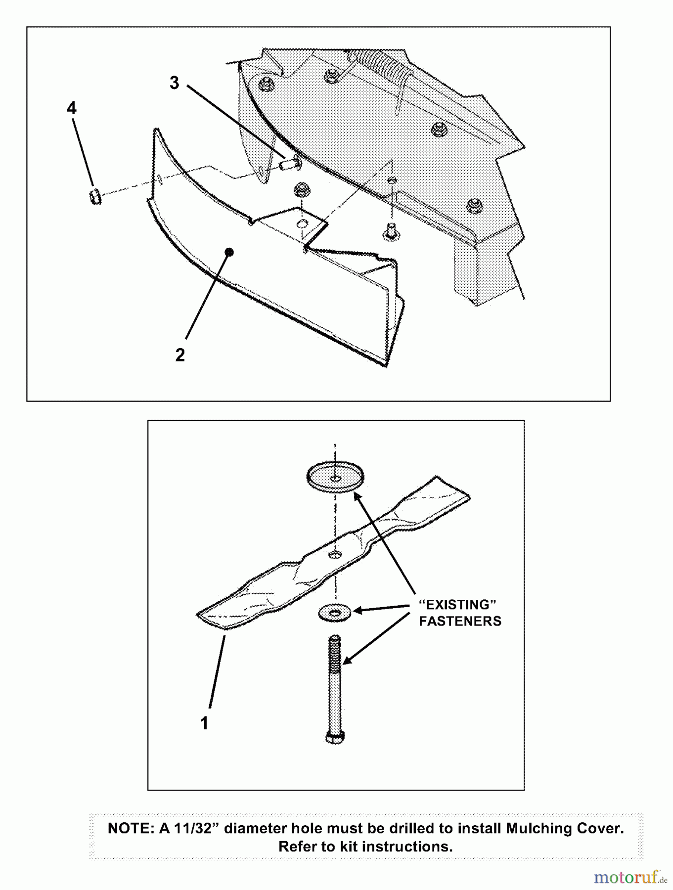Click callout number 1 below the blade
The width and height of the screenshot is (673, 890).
[204, 723]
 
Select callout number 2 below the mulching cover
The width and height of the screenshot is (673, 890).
[180, 355]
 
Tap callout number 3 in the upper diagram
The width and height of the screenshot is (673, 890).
[174, 83]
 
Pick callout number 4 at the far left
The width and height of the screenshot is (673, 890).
[72, 108]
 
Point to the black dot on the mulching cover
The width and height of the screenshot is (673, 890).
[229, 252]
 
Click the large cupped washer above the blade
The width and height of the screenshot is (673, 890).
[335, 476]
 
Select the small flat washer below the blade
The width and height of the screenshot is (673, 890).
[335, 613]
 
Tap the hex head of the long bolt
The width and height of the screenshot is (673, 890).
[335, 737]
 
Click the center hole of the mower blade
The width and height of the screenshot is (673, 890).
[335, 553]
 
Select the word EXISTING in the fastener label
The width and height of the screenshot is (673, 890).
[457, 605]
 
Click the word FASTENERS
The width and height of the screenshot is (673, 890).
[460, 621]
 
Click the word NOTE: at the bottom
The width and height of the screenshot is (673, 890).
[131, 829]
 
